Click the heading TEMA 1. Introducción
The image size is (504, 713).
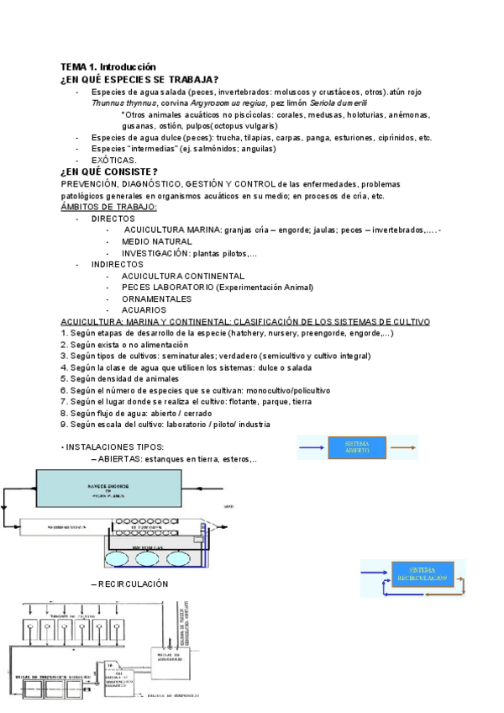point(108,66)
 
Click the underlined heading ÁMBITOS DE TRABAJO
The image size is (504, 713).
point(108,207)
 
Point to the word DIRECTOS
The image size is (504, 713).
point(113,219)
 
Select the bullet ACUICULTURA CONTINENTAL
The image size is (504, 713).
point(183,276)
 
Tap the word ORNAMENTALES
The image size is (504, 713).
point(156,298)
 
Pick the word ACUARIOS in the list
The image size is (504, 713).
point(144,310)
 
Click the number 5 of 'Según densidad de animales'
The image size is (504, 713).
point(63,379)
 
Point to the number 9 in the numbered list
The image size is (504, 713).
point(63,425)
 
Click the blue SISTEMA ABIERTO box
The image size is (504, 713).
point(357,447)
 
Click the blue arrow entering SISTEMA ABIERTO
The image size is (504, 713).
point(312,448)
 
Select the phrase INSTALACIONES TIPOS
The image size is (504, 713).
point(115,446)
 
